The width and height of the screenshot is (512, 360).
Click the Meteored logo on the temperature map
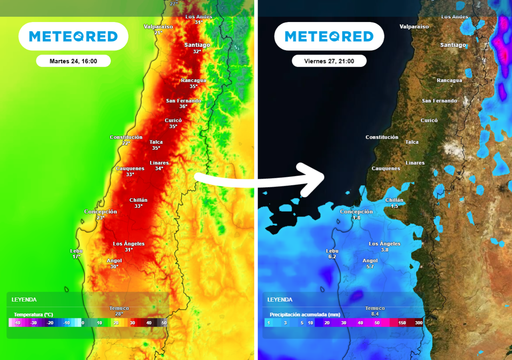73,36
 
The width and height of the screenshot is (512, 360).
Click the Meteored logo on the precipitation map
329,36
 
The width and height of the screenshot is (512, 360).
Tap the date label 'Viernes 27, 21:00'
329,61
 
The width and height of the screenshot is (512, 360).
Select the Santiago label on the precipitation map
452,45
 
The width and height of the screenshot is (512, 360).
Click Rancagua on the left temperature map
193,79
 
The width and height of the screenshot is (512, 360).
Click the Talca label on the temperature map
156,142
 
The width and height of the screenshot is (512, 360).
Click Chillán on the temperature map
138,200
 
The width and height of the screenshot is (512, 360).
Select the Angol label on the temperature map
116,261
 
